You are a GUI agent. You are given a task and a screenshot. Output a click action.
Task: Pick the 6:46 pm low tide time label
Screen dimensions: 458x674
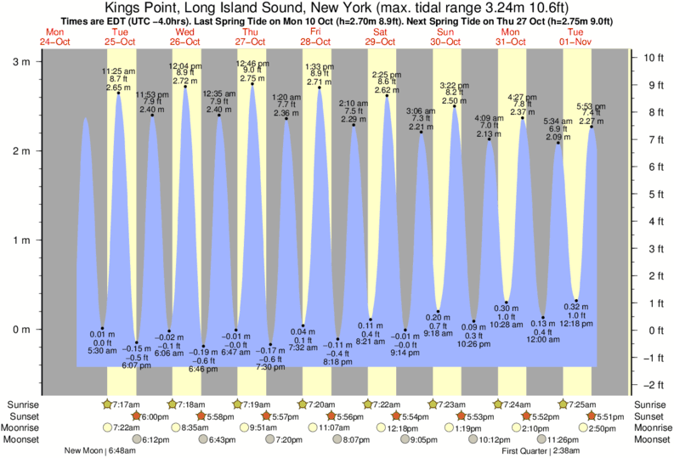click(x=202, y=370)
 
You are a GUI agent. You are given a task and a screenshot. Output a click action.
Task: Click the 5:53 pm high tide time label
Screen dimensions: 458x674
click(x=592, y=106)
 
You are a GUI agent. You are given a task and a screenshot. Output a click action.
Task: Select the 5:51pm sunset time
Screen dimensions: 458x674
click(x=614, y=416)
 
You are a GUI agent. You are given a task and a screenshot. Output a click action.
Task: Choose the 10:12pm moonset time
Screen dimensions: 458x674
click(x=479, y=439)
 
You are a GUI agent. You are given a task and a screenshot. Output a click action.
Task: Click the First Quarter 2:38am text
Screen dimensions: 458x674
click(x=541, y=451)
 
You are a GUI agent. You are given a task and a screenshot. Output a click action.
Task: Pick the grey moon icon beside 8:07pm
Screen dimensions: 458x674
click(x=337, y=439)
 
